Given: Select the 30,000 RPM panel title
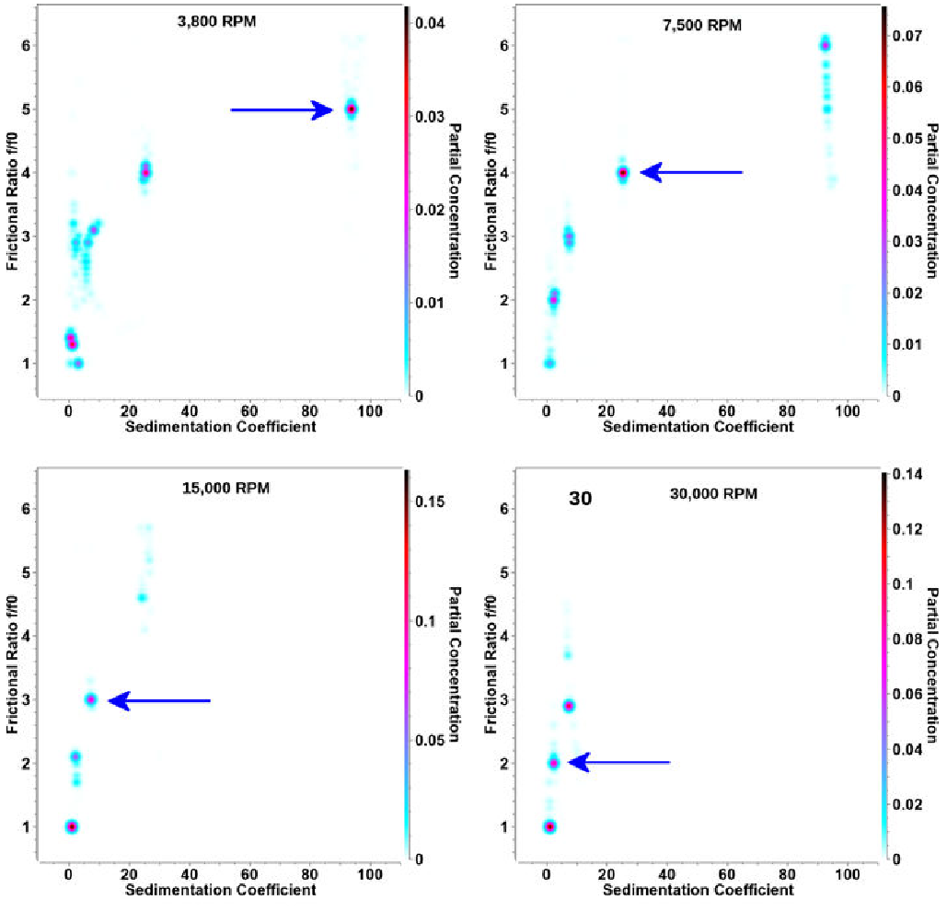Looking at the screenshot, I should coord(713,493).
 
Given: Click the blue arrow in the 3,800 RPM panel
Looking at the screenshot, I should coord(281,110).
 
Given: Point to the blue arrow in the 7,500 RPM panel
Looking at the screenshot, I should coord(691,172).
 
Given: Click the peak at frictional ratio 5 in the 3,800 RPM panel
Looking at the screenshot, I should coord(351,110).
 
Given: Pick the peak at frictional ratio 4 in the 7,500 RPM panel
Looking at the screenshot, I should coord(622,172).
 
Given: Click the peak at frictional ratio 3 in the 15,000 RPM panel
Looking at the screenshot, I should coord(90,699).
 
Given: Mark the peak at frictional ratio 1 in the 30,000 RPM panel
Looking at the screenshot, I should coord(549,826).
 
